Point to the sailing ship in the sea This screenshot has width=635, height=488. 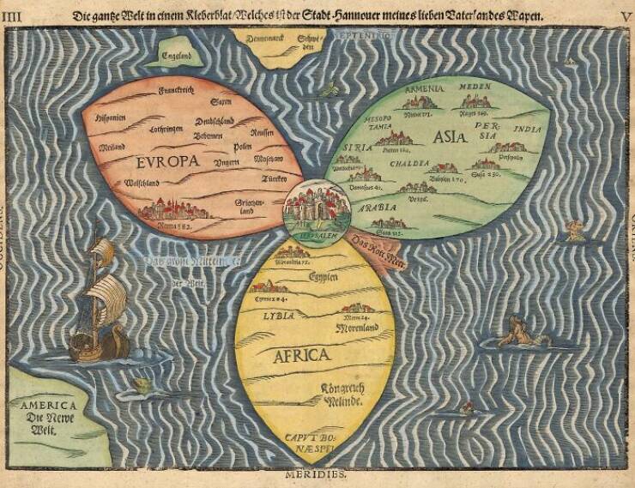pos(97,302)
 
